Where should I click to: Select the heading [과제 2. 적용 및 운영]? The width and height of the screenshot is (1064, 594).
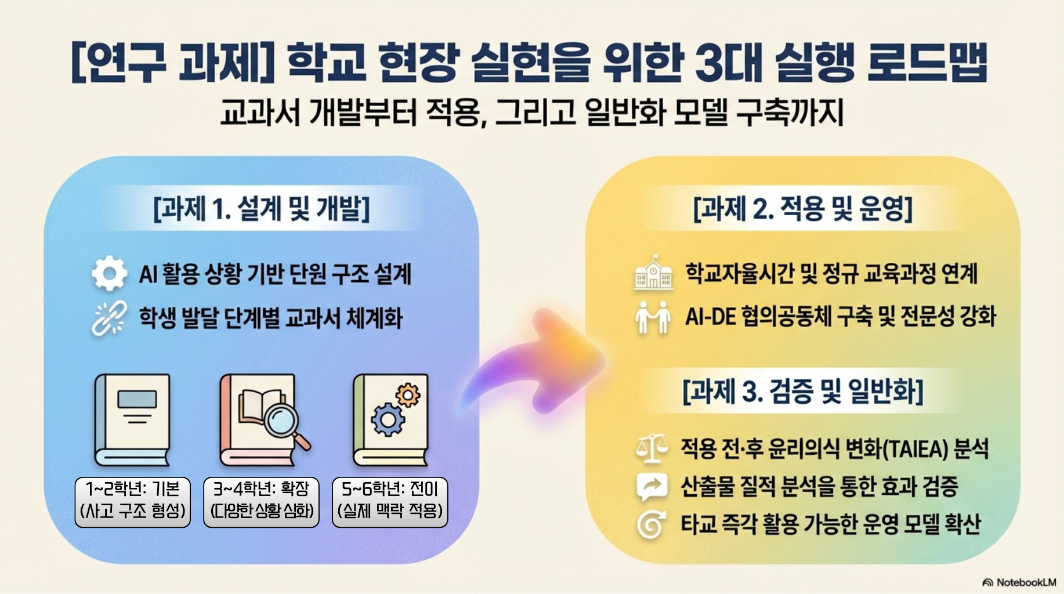click(x=803, y=208)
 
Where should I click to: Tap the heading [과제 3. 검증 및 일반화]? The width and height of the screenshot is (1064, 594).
click(x=803, y=391)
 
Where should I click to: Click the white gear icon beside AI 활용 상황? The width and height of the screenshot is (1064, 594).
click(x=109, y=273)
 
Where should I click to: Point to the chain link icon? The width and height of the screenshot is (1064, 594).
click(x=109, y=318)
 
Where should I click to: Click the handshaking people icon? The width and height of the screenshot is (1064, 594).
click(x=653, y=317)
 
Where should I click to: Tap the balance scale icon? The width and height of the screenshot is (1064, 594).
click(x=652, y=448)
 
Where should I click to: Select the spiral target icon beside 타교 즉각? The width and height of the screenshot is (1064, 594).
click(x=650, y=525)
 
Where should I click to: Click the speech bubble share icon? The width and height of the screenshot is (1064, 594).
click(x=652, y=487)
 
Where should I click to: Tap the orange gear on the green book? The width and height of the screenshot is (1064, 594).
click(x=408, y=395)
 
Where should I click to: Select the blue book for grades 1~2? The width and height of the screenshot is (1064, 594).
click(x=133, y=420)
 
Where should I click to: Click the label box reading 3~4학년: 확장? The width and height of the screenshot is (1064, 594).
click(x=261, y=502)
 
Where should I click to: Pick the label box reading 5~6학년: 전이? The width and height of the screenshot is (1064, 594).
click(x=390, y=502)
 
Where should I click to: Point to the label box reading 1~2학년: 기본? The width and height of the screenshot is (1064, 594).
click(x=133, y=502)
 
